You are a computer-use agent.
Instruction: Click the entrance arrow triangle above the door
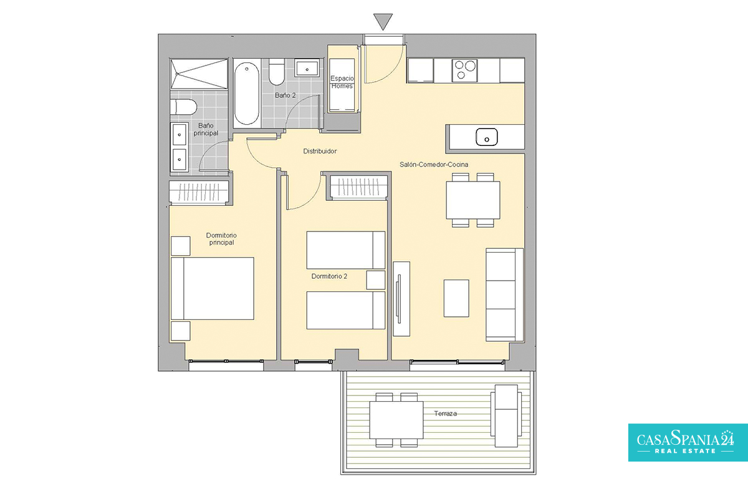coord(383,21)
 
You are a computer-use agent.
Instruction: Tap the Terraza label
coord(446,414)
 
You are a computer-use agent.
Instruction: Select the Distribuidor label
coord(320,151)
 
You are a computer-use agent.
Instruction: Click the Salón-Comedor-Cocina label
coord(434,165)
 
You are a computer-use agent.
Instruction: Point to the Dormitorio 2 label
coord(329,276)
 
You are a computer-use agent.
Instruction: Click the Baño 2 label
coord(285,95)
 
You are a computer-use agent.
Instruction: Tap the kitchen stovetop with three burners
coord(464,70)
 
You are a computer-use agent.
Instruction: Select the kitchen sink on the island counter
coord(487,137)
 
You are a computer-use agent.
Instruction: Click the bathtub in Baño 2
coord(246,94)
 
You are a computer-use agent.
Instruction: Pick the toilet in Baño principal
coord(183,107)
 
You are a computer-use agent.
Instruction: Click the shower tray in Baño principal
coord(199,74)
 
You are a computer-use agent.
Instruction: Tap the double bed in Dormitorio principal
coord(213,288)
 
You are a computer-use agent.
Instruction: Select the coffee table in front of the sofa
coord(456,298)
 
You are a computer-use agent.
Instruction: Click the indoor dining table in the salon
coord(473,200)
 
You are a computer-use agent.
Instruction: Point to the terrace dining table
coord(396,420)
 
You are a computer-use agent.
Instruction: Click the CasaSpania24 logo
coord(688,442)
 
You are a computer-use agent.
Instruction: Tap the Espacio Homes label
coord(342,82)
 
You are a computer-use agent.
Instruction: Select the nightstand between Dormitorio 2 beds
coord(376,280)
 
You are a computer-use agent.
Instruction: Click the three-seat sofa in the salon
coord(504,295)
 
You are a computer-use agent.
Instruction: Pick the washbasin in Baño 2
coord(307,68)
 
